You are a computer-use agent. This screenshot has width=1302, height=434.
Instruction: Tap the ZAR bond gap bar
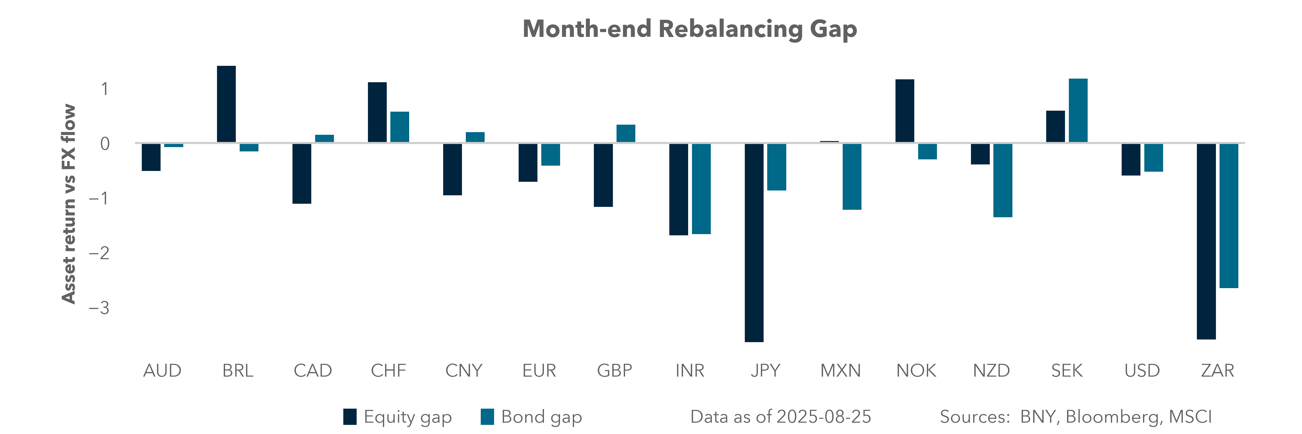1229,216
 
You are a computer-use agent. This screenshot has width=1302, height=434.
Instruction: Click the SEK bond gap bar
1078,111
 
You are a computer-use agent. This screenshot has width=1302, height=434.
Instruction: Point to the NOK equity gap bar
905,111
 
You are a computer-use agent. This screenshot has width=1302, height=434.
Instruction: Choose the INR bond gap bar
701,189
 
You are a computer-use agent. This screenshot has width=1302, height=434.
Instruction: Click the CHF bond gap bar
399,127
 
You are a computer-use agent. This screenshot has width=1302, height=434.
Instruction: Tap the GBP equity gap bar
603,175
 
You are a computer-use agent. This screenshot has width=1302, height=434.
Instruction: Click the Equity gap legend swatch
350,417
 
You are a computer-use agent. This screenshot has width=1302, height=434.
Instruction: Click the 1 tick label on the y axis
105,89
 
